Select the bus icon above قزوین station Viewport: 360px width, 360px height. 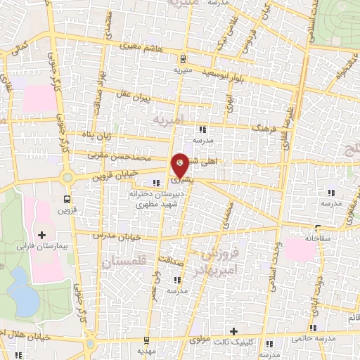67,199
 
